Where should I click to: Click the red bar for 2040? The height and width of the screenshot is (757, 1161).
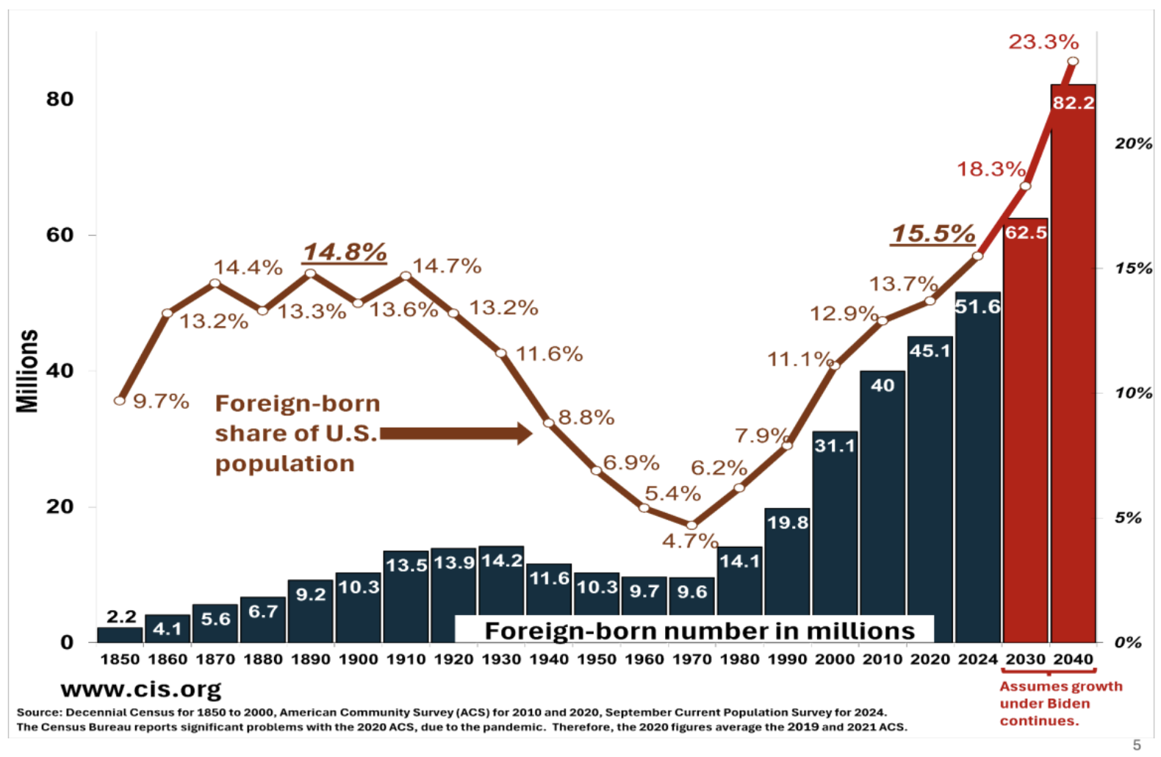[x=1073, y=367]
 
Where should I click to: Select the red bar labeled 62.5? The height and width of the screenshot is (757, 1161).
[x=1026, y=434]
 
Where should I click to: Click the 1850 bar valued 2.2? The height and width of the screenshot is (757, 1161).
[x=120, y=634]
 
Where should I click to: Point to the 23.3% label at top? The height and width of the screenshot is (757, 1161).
[x=1043, y=42]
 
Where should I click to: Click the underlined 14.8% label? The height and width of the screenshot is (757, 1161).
[x=345, y=252]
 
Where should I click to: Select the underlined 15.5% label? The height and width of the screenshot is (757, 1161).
[x=932, y=234]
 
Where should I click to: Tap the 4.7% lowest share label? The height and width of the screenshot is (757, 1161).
[x=689, y=542]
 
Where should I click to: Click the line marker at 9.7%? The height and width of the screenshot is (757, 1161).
[x=120, y=401]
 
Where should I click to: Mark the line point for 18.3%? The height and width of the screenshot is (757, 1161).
[x=1026, y=186]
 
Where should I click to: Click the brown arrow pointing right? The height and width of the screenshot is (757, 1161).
[x=456, y=434]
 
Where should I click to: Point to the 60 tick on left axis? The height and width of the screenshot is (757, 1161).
[x=60, y=235]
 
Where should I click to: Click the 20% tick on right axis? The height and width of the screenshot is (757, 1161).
[x=1133, y=143]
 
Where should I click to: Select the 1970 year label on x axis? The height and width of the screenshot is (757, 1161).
[x=691, y=659]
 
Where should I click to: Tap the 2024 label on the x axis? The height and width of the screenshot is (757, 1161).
[x=977, y=659]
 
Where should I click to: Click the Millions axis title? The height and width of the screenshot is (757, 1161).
[x=27, y=370]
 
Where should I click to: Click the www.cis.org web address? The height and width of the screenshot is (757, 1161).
[x=141, y=689]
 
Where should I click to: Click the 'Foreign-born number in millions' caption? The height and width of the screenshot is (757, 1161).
[x=699, y=631]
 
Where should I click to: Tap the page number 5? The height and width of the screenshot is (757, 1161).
[x=1137, y=745]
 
